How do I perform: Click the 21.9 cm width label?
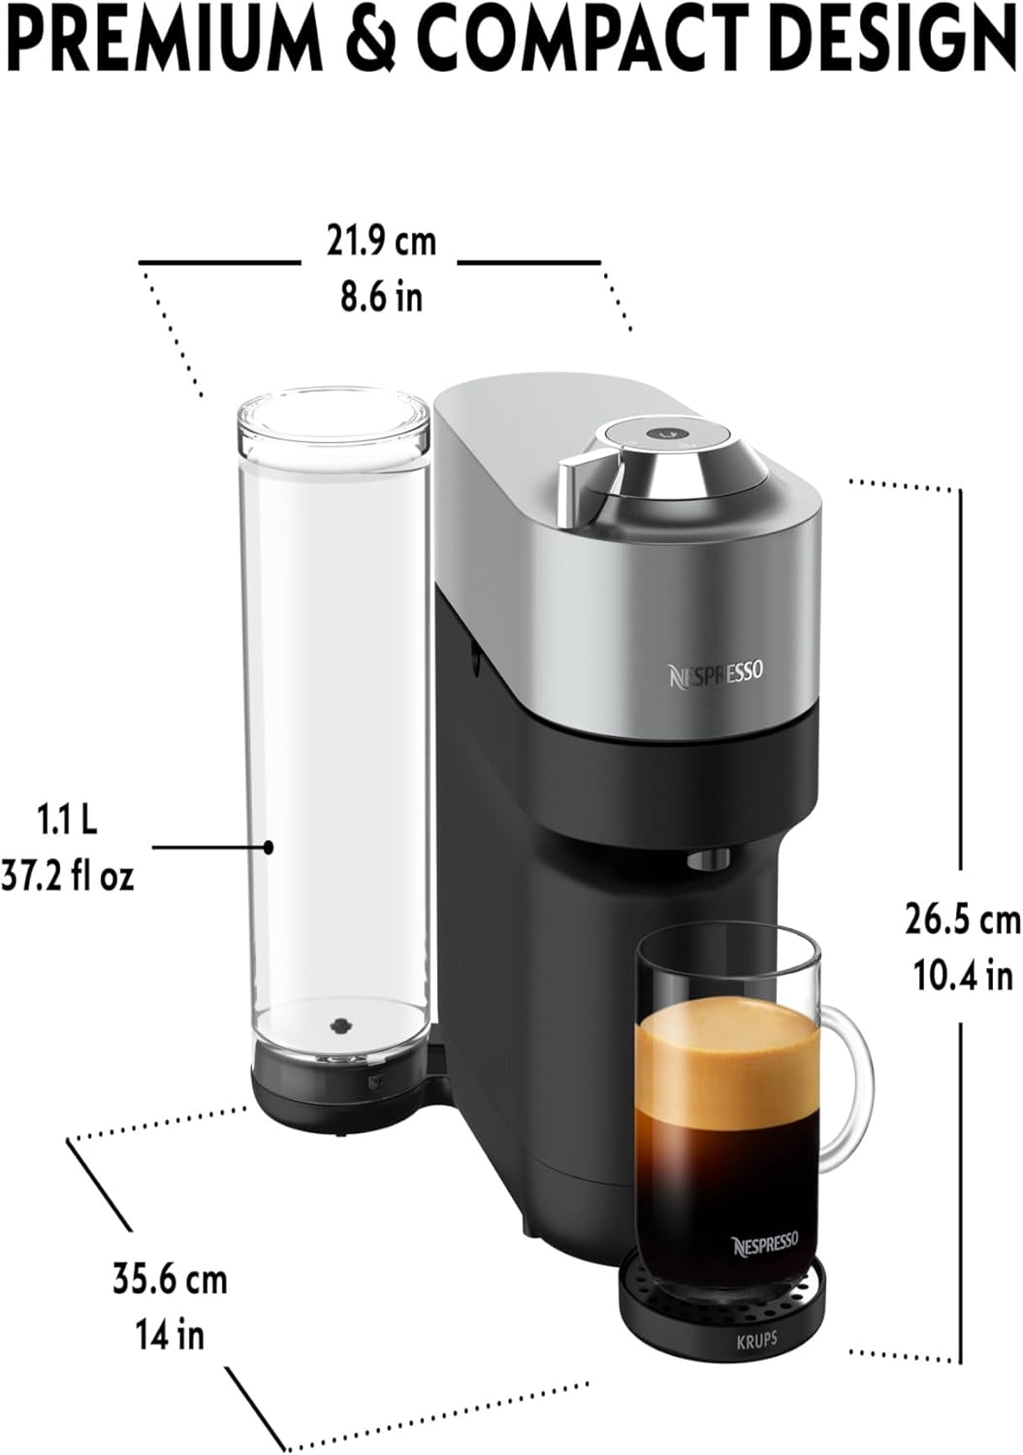[381, 242]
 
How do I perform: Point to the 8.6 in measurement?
[382, 297]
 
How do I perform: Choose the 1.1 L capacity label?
[67, 821]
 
